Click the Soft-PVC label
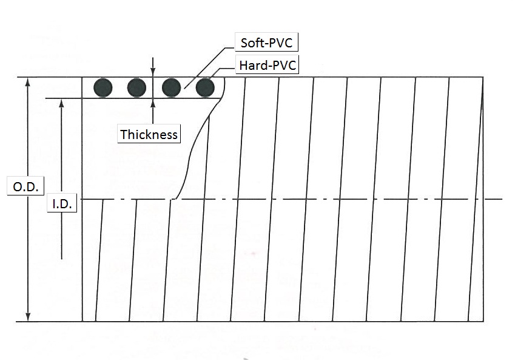click(x=266, y=42)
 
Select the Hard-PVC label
click(x=268, y=65)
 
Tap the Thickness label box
click(x=149, y=134)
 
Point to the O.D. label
click(x=25, y=186)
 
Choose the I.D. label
click(x=62, y=203)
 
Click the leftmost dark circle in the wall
click(x=103, y=88)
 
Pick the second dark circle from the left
click(x=136, y=88)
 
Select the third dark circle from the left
click(x=172, y=88)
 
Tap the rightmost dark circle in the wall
click(x=205, y=88)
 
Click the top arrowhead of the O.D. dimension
click(x=28, y=81)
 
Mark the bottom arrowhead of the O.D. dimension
click(x=28, y=317)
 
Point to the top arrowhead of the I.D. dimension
click(x=61, y=103)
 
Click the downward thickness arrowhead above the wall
click(x=153, y=73)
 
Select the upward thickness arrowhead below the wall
click(x=153, y=103)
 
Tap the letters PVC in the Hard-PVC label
click(x=284, y=65)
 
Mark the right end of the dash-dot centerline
click(x=502, y=199)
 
